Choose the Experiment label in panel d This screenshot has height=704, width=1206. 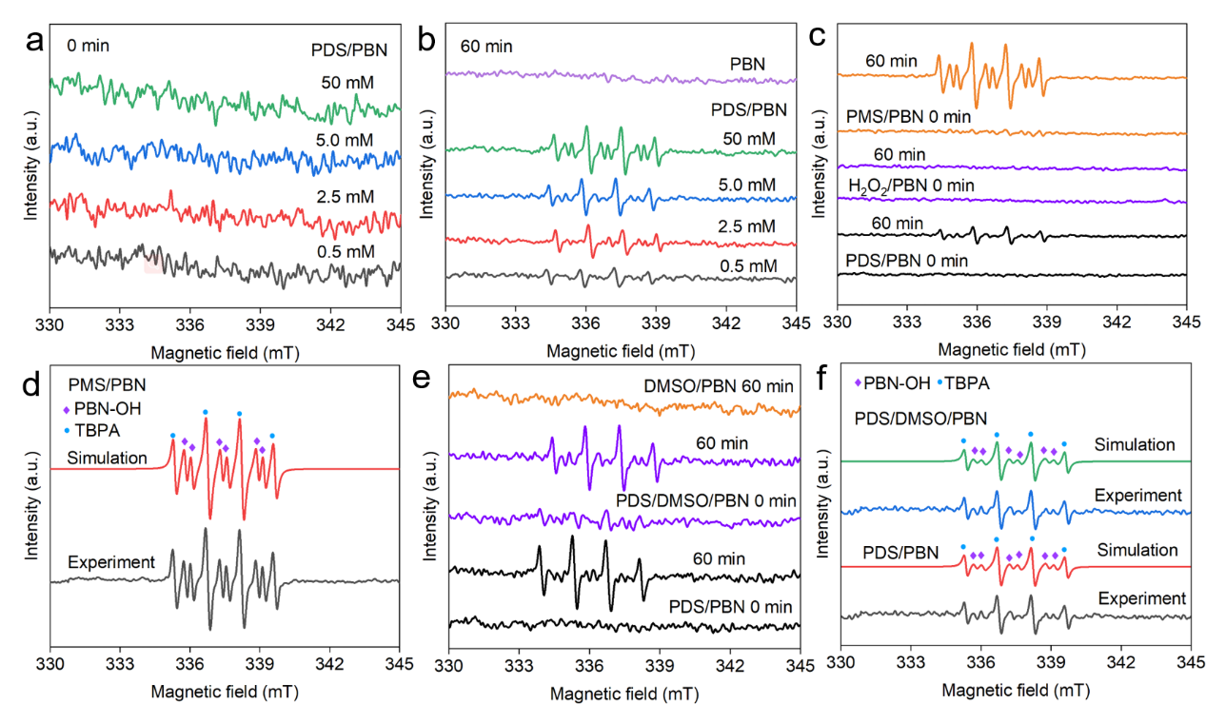(111, 562)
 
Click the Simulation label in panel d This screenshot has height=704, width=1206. (107, 458)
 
